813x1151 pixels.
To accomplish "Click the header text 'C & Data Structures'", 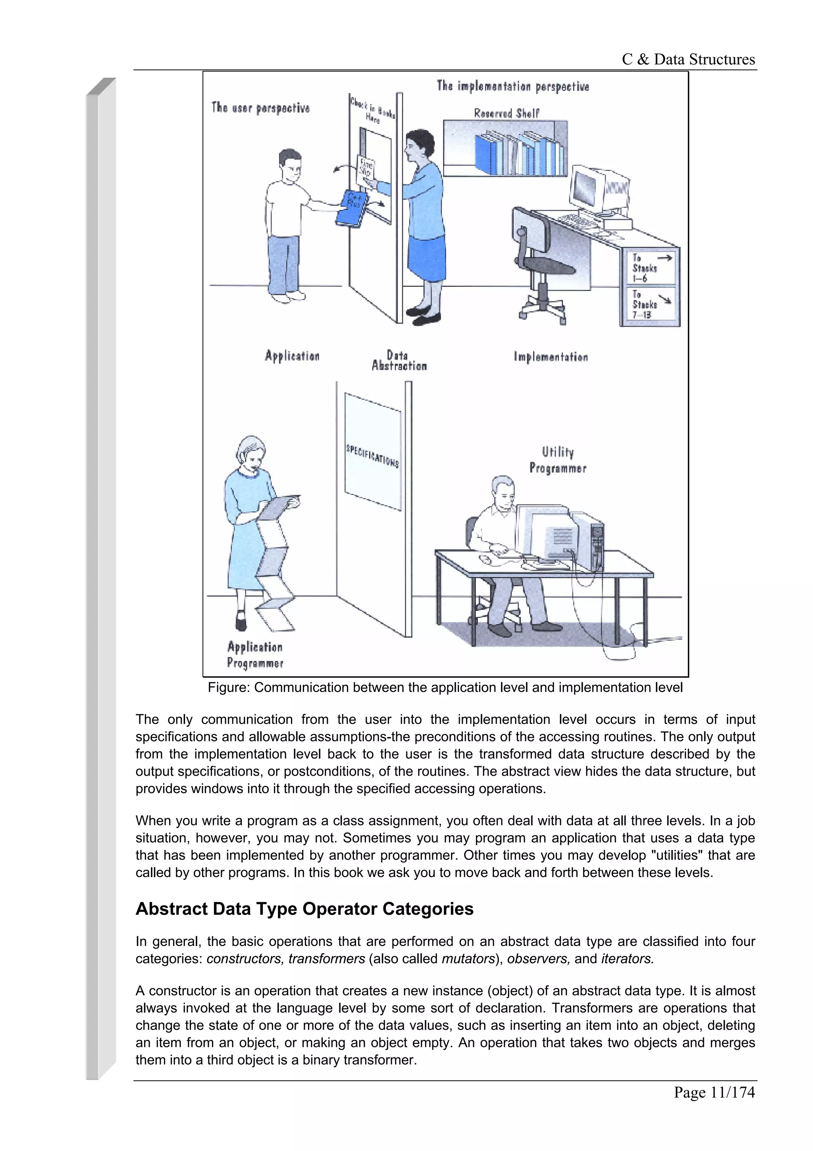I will [688, 60].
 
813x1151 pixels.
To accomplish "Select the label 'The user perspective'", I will [260, 108].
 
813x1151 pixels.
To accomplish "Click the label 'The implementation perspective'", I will [512, 86].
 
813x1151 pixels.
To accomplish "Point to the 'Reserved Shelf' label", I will [507, 113].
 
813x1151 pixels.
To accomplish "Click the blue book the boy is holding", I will [352, 208].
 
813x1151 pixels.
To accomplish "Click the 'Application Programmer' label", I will [255, 655].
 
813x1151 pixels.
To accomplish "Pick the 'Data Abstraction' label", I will [399, 361].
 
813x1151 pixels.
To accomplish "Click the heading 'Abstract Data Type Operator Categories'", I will [304, 909].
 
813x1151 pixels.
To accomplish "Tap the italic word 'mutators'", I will [468, 958].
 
